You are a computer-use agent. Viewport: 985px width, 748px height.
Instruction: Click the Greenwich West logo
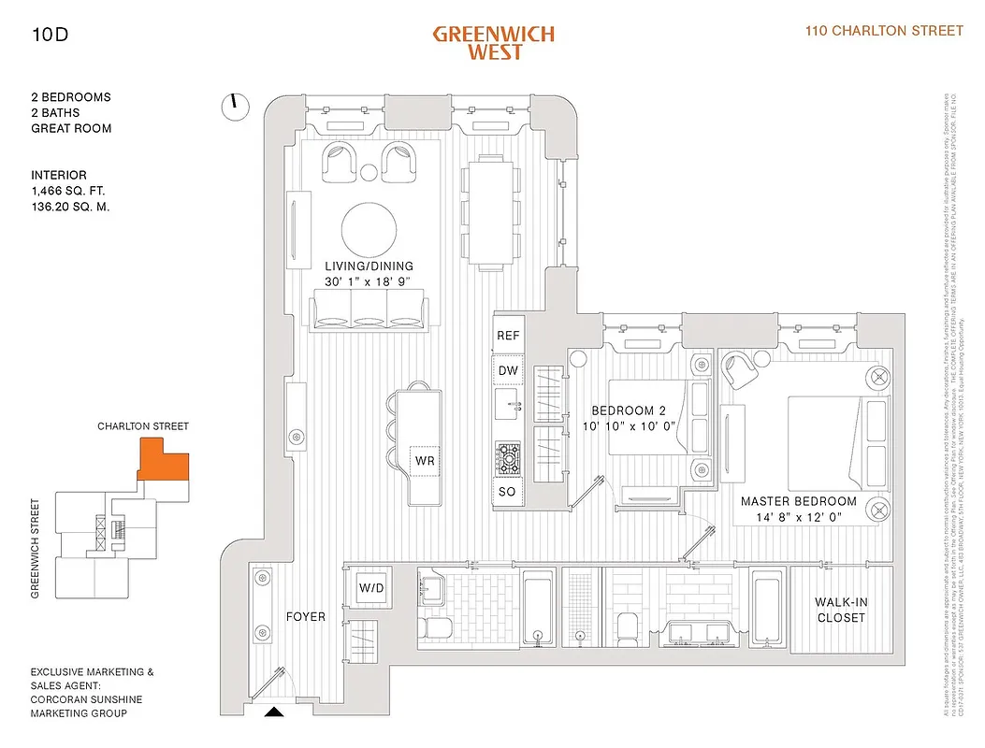[x=493, y=42]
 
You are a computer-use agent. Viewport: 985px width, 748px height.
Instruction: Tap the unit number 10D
[x=50, y=37]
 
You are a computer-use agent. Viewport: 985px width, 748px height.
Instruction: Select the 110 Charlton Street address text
[x=884, y=31]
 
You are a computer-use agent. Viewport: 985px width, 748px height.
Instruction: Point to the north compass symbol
[x=235, y=107]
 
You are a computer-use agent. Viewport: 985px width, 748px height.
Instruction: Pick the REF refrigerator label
[x=508, y=336]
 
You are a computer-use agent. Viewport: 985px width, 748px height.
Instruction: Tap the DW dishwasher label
[x=508, y=371]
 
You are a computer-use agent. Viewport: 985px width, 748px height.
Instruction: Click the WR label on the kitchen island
[x=425, y=461]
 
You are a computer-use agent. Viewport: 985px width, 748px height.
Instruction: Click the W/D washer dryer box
[x=371, y=588]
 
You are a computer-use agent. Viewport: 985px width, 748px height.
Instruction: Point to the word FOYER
[x=306, y=617]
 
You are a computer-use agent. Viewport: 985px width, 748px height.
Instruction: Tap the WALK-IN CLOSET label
[x=839, y=611]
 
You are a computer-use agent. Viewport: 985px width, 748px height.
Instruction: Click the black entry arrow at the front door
[x=273, y=712]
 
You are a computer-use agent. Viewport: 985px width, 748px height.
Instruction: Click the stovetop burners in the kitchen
[x=508, y=457]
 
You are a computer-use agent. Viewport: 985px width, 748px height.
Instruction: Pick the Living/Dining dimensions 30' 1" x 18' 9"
[x=369, y=281]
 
